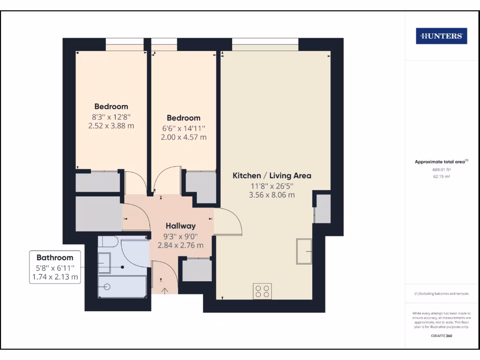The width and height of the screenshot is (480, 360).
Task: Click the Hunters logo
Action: (441, 36)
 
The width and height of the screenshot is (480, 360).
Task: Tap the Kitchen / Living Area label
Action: (272, 176)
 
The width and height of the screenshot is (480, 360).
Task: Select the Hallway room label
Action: (180, 226)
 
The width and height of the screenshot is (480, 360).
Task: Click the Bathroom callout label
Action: (55, 257)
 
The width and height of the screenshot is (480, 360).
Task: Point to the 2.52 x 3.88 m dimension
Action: (111, 126)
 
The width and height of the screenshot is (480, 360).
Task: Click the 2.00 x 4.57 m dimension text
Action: (183, 137)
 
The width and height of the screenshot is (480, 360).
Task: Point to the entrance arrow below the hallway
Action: (165, 290)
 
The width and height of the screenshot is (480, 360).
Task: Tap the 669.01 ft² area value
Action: (441, 170)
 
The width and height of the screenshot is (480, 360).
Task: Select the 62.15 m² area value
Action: (441, 177)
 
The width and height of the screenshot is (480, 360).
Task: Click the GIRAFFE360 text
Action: (441, 336)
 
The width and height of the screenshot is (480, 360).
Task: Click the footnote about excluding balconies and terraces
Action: (441, 293)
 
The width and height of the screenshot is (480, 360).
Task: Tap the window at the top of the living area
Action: (265, 47)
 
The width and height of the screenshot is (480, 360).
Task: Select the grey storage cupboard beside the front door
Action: (196, 270)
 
